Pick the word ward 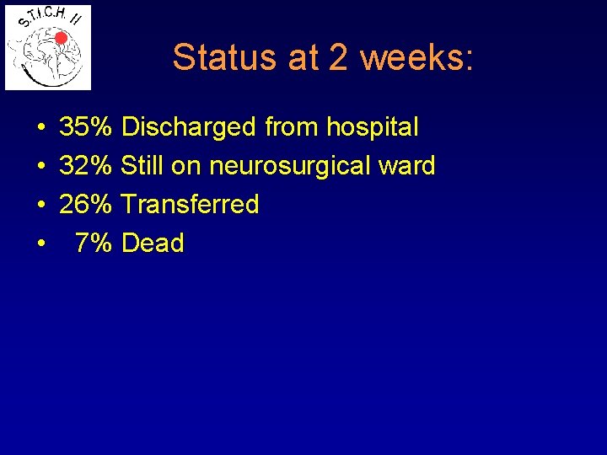[x=407, y=166]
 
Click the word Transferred [x=190, y=205]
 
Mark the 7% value [x=93, y=244]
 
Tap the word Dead [x=153, y=244]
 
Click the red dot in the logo [x=61, y=37]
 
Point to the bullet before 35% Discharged [x=41, y=128]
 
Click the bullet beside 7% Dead [x=41, y=244]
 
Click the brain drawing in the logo [x=46, y=57]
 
